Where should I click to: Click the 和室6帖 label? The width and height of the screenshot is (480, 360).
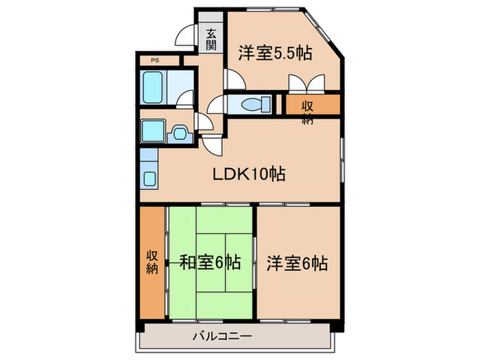pyautogui.click(x=210, y=262)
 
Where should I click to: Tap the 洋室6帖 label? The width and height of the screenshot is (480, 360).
pyautogui.click(x=298, y=262)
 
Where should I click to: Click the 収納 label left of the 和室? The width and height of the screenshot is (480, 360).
pyautogui.click(x=152, y=261)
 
